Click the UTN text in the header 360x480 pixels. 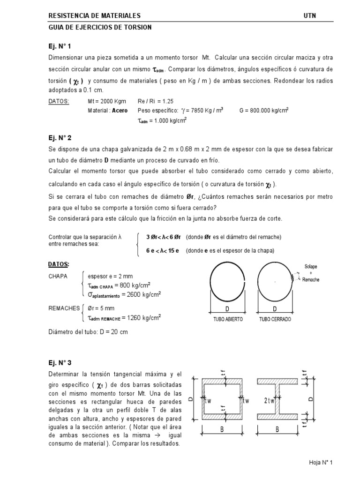[310, 16]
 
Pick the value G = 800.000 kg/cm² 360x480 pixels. [264, 111]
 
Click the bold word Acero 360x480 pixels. [120, 111]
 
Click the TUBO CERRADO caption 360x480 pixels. [275, 319]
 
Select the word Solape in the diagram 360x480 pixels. [311, 267]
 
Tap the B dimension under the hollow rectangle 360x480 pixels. [222, 429]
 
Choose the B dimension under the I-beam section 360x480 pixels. [277, 429]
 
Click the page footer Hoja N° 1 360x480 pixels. [320, 463]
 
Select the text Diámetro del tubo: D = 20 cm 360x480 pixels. [88, 332]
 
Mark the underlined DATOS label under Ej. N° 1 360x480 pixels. [59, 101]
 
